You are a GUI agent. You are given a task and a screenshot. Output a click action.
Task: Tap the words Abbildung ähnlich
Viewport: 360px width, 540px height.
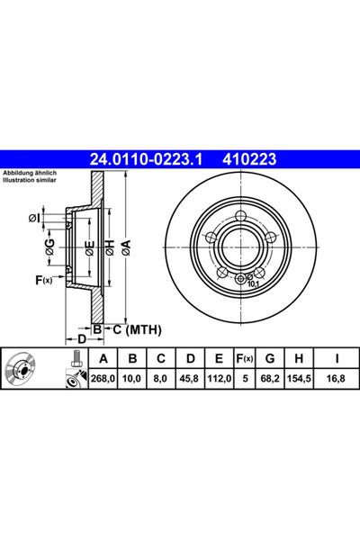pyautogui.click(x=31, y=172)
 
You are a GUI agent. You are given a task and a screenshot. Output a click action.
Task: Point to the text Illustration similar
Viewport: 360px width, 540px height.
pyautogui.click(x=31, y=179)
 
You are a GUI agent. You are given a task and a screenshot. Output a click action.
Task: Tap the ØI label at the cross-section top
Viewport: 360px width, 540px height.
pyautogui.click(x=34, y=217)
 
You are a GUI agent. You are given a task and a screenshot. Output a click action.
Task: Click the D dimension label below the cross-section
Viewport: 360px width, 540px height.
pyautogui.click(x=81, y=338)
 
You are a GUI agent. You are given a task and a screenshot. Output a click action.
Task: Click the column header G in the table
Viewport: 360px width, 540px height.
pyautogui.click(x=270, y=356)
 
